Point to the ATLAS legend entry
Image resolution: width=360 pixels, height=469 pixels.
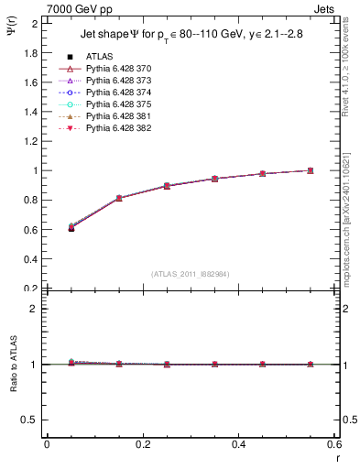point(100,58)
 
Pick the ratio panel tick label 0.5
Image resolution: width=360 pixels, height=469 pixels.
point(30,420)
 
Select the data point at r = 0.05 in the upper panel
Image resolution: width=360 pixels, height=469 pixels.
point(71,227)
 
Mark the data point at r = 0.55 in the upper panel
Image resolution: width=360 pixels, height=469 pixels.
point(311,170)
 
